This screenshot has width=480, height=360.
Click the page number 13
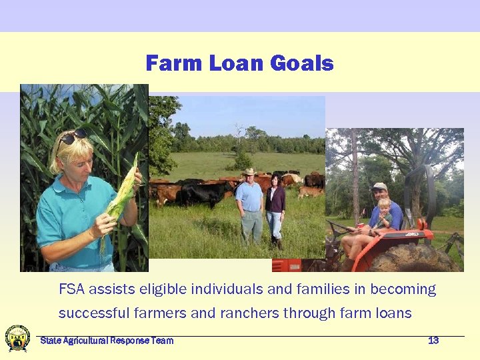[433, 341]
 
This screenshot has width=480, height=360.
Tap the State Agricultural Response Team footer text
[107, 341]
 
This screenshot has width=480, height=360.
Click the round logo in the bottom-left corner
[17, 338]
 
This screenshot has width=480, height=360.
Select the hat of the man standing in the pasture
[250, 172]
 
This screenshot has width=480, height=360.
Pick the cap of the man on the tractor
[379, 187]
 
